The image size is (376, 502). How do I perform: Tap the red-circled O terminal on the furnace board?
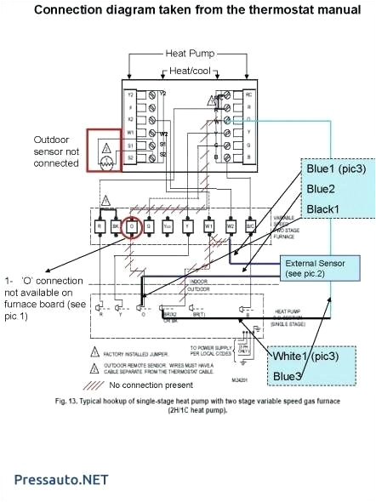tap(132, 227)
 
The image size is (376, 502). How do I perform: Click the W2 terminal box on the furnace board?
tap(230, 227)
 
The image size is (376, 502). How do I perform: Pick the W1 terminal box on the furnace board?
tap(208, 227)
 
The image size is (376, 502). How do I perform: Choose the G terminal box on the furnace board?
tap(149, 227)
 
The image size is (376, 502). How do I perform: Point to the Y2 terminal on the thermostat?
tap(130, 94)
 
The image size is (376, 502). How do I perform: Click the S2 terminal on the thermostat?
tap(130, 158)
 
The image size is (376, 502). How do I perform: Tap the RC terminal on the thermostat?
tap(248, 94)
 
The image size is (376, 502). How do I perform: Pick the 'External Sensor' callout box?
tap(315, 269)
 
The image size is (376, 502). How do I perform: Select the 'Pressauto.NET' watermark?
tap(61, 479)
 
